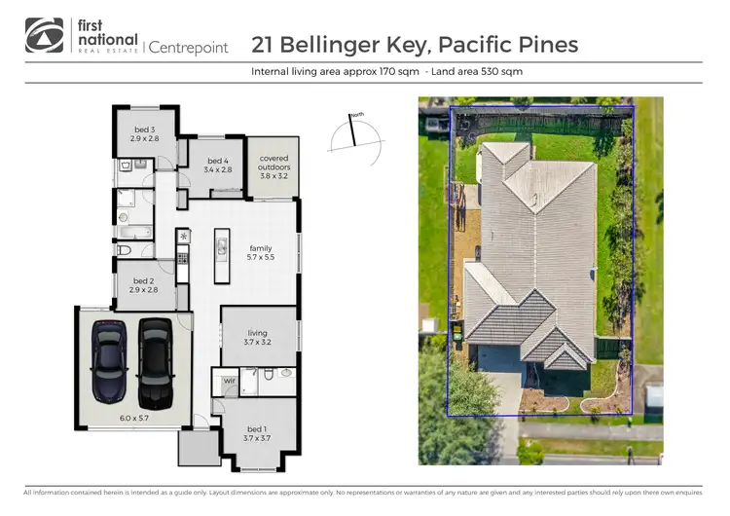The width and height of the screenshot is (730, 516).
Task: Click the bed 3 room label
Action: coord(144,129)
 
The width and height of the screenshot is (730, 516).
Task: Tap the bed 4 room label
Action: coord(217,161)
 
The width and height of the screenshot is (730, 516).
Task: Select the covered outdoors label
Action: coord(274,161)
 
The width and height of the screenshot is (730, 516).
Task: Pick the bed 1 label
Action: coord(256,429)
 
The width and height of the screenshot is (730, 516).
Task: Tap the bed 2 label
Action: coord(144,280)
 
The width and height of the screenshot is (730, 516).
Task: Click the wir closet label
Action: coord(230,381)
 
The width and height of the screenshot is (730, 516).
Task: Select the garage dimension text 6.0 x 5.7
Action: coord(132,418)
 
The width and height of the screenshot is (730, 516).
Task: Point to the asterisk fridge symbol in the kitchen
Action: coord(183,236)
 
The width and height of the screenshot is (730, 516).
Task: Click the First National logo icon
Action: coord(44,35)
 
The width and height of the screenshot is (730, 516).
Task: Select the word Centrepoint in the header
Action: coord(188,47)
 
